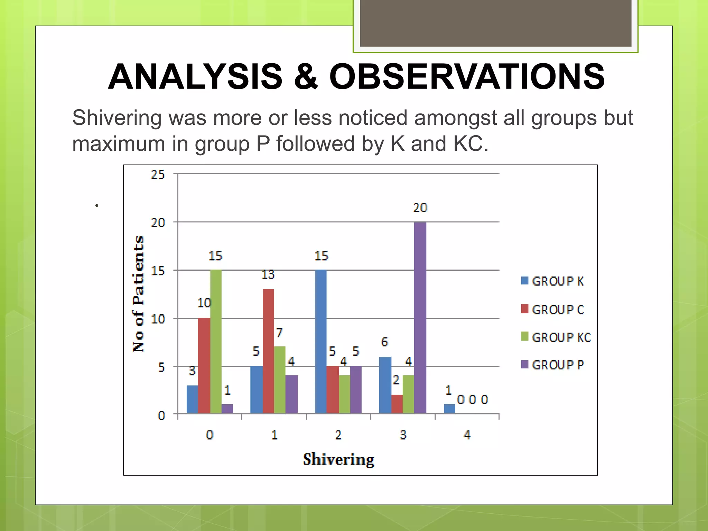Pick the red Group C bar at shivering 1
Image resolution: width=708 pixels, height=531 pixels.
(268, 351)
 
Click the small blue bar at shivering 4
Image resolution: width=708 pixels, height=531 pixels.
(449, 408)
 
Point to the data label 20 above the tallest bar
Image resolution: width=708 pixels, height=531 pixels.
(420, 208)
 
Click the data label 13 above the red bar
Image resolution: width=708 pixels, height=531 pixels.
(268, 274)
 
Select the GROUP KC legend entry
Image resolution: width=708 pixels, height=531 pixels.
(557, 337)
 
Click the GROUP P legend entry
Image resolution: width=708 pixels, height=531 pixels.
(553, 365)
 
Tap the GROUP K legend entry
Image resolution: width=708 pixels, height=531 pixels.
(553, 281)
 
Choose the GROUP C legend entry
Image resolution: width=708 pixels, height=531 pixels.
(553, 309)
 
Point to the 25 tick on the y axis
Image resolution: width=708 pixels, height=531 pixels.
(158, 175)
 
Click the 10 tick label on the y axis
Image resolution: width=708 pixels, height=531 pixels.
(158, 319)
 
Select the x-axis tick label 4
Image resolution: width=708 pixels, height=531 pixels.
(467, 435)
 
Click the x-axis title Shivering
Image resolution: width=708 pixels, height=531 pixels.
(338, 459)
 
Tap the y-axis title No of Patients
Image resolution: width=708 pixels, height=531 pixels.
(139, 294)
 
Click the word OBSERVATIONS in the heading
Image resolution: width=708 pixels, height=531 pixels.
(467, 77)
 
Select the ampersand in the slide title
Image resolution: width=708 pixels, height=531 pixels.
(306, 77)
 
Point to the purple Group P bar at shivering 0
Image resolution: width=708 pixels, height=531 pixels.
(227, 408)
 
